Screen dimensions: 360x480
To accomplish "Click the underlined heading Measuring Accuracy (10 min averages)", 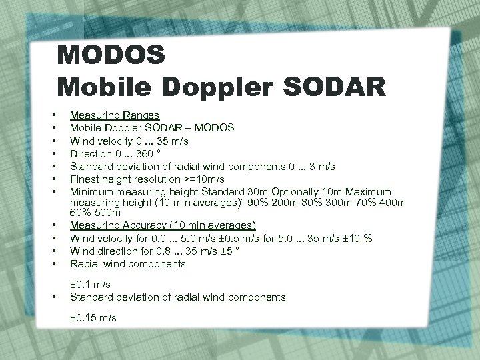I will [163, 225].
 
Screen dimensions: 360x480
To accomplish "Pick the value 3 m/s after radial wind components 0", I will [325, 167].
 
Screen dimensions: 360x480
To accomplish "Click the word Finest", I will [85, 179].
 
